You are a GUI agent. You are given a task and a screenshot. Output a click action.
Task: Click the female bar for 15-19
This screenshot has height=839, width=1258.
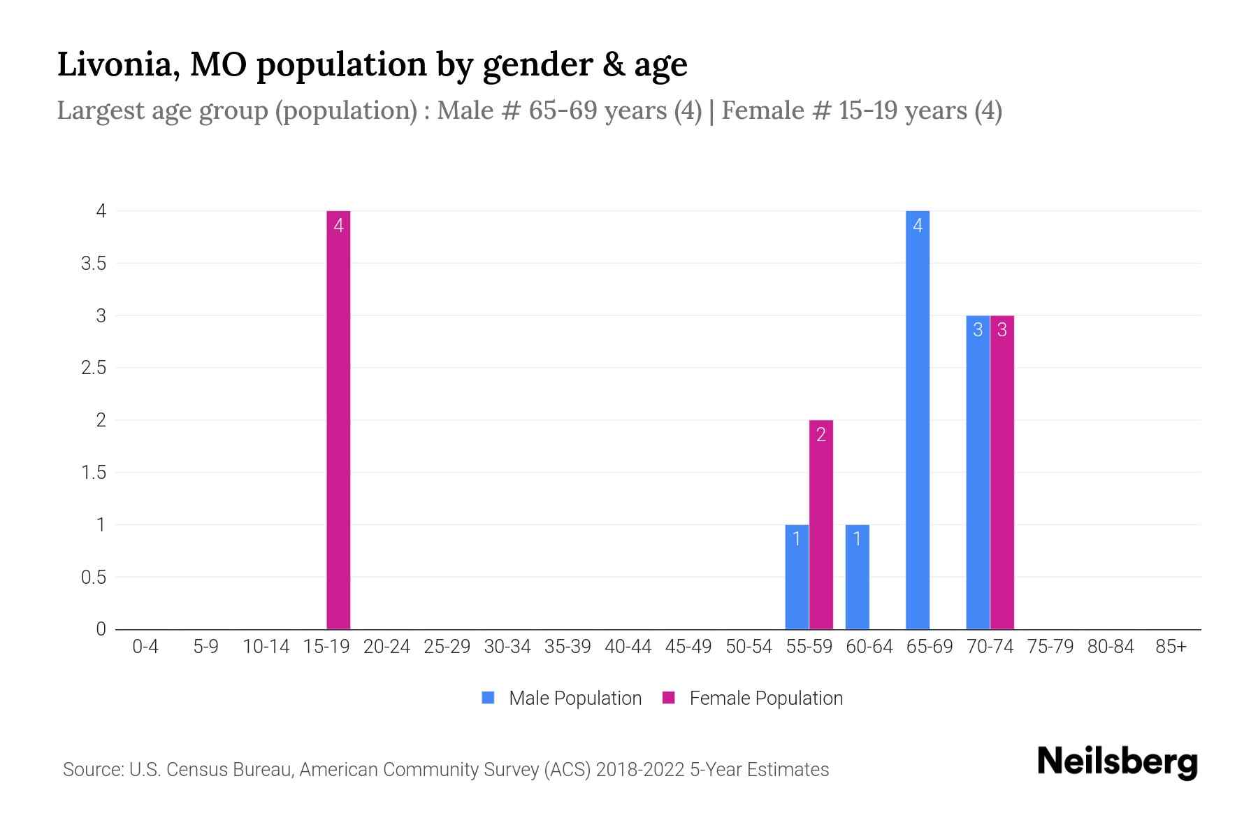pyautogui.click(x=338, y=419)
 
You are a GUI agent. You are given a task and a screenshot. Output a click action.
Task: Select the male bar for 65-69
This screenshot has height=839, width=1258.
pyautogui.click(x=917, y=419)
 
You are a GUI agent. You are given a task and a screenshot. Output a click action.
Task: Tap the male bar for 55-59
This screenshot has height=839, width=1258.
pyautogui.click(x=797, y=577)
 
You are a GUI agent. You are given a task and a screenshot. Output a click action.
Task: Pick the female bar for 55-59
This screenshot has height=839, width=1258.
pyautogui.click(x=820, y=524)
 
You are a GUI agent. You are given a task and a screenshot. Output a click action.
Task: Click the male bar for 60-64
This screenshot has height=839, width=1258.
pyautogui.click(x=857, y=577)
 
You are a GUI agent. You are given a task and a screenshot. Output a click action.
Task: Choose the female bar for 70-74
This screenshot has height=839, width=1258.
pyautogui.click(x=1002, y=472)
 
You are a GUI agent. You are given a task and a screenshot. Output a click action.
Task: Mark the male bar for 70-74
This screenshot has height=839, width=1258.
pyautogui.click(x=978, y=472)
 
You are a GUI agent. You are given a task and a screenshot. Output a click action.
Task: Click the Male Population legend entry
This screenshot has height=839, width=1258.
pyautogui.click(x=562, y=698)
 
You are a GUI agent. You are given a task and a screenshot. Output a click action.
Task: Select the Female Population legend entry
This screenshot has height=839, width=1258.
pyautogui.click(x=753, y=698)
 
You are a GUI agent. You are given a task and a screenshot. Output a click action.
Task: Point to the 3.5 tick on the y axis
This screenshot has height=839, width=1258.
pyautogui.click(x=94, y=264)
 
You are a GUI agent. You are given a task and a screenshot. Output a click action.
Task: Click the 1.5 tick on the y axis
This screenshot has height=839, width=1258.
pyautogui.click(x=94, y=473)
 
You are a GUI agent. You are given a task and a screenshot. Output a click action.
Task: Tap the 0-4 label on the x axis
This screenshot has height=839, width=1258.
pyautogui.click(x=145, y=647)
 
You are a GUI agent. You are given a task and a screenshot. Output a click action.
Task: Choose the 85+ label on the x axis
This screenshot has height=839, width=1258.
pyautogui.click(x=1171, y=647)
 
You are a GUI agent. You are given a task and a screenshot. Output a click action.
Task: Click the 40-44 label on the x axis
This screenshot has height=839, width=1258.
pyautogui.click(x=628, y=647)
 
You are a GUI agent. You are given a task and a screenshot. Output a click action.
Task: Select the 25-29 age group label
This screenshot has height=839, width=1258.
pyautogui.click(x=447, y=647)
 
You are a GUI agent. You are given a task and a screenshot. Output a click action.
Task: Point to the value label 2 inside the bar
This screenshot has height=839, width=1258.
pyautogui.click(x=820, y=435)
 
